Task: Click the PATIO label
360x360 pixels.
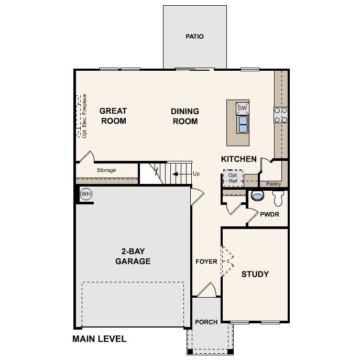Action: click(x=194, y=37)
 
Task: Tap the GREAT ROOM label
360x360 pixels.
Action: click(x=113, y=116)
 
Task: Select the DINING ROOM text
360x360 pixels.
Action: click(x=185, y=116)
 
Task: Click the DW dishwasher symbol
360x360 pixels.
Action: click(x=242, y=108)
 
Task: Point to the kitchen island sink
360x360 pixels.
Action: click(x=243, y=124)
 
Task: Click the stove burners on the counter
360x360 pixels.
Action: click(x=281, y=114)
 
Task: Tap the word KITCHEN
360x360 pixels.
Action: click(x=239, y=159)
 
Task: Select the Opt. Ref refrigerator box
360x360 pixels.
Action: click(x=233, y=178)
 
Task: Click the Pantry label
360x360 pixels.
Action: click(x=274, y=184)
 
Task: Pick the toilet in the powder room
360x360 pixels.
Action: click(x=279, y=197)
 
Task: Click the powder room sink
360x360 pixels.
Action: click(x=257, y=197)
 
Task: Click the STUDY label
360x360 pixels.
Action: click(x=255, y=274)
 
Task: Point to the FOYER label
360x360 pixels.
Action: click(x=206, y=261)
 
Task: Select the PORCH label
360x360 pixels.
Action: click(x=206, y=322)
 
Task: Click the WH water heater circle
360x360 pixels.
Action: click(x=86, y=194)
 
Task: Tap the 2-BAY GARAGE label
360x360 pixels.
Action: click(x=133, y=256)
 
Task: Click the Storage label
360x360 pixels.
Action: click(x=106, y=170)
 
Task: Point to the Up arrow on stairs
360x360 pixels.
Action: click(x=181, y=173)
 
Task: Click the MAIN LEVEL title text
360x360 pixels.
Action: click(x=100, y=339)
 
